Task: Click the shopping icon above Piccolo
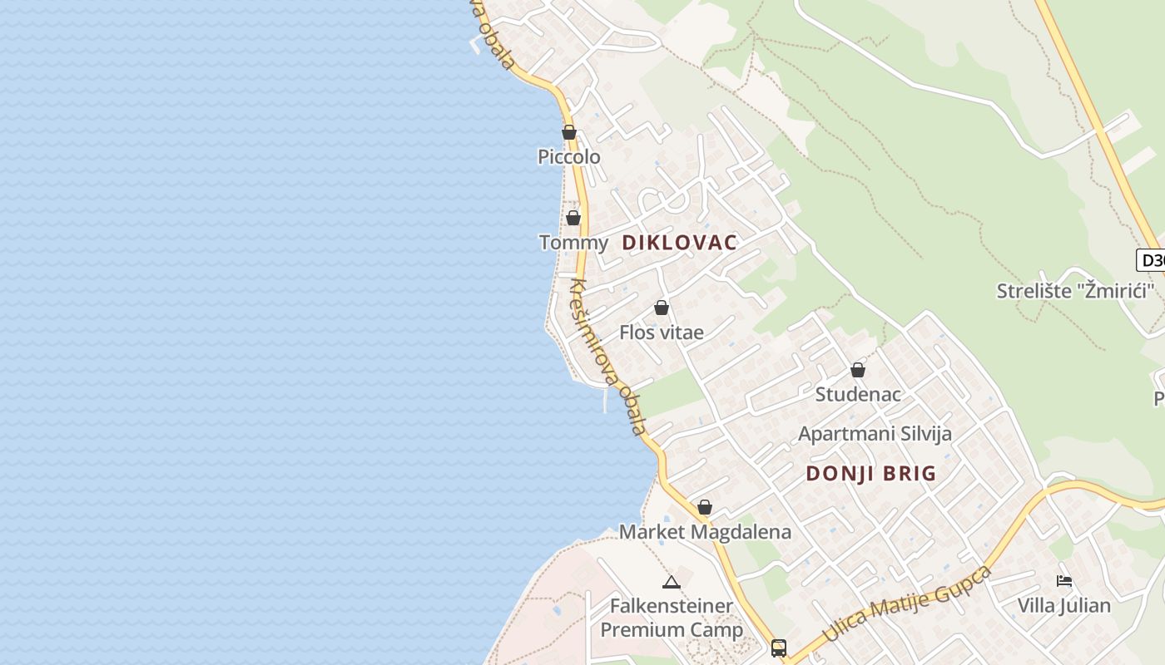(x=569, y=132)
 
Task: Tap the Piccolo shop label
(x=569, y=156)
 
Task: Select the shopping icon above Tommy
(x=573, y=218)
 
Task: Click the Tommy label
(x=573, y=243)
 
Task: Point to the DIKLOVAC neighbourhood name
(x=680, y=243)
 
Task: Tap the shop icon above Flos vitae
(x=662, y=308)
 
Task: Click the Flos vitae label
(x=662, y=332)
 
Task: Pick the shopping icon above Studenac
(x=858, y=370)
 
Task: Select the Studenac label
(x=858, y=394)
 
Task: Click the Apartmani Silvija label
(x=875, y=433)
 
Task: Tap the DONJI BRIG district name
(x=871, y=474)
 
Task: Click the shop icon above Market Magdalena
(x=705, y=507)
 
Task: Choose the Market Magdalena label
(x=705, y=532)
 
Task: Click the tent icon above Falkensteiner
(x=672, y=582)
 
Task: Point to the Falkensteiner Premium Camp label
(x=672, y=618)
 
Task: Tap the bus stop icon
(x=779, y=648)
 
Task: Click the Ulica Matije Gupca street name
(x=907, y=604)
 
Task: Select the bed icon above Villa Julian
(x=1063, y=581)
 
